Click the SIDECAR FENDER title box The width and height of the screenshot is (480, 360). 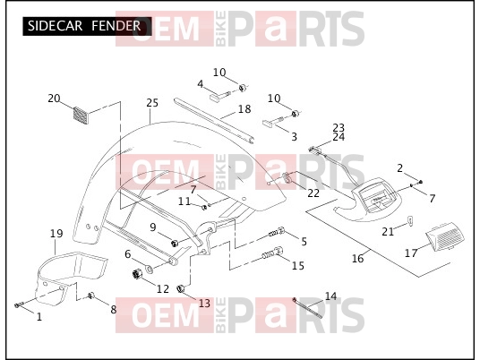tap(87, 26)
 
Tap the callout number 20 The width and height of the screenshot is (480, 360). tap(55, 99)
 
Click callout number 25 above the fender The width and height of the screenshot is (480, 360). tap(152, 103)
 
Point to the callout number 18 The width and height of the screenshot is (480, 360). tap(244, 109)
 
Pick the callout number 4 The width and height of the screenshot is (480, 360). tap(201, 84)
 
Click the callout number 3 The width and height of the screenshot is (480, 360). tap(294, 136)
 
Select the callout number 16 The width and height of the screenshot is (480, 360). tap(357, 259)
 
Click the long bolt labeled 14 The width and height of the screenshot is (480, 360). tap(307, 308)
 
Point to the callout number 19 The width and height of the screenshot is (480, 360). tap(56, 234)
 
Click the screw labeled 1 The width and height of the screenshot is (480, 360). tap(19, 304)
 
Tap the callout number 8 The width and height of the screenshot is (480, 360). tap(114, 310)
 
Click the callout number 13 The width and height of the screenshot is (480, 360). tap(204, 304)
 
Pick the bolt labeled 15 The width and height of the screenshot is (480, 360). tap(272, 253)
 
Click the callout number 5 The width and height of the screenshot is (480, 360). tap(304, 241)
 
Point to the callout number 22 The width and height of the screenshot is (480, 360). tap(313, 193)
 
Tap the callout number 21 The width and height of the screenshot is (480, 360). tap(388, 231)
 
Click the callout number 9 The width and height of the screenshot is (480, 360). tap(153, 227)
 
